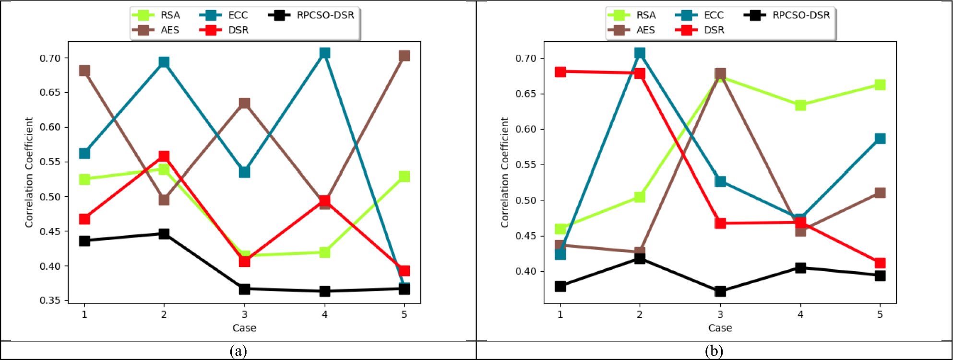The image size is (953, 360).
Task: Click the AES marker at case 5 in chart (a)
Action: [x=404, y=56]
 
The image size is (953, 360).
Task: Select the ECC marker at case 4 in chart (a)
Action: [x=324, y=53]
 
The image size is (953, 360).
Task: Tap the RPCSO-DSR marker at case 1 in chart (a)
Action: [x=84, y=240]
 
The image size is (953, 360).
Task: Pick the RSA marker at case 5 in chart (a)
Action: [x=404, y=176]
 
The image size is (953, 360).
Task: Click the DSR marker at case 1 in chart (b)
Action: [x=560, y=72]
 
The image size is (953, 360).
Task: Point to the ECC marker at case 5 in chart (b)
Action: [x=880, y=139]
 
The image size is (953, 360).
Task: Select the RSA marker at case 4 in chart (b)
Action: [x=800, y=105]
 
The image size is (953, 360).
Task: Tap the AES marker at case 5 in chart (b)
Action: [x=880, y=193]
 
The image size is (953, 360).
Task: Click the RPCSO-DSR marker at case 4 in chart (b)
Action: [x=800, y=268]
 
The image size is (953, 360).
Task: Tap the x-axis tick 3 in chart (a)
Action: [x=244, y=314]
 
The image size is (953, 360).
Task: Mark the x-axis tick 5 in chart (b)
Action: [x=880, y=314]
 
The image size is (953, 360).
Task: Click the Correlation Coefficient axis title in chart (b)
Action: [x=504, y=172]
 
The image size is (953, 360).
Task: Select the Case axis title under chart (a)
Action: [x=244, y=328]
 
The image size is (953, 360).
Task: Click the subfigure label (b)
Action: [x=714, y=351]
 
